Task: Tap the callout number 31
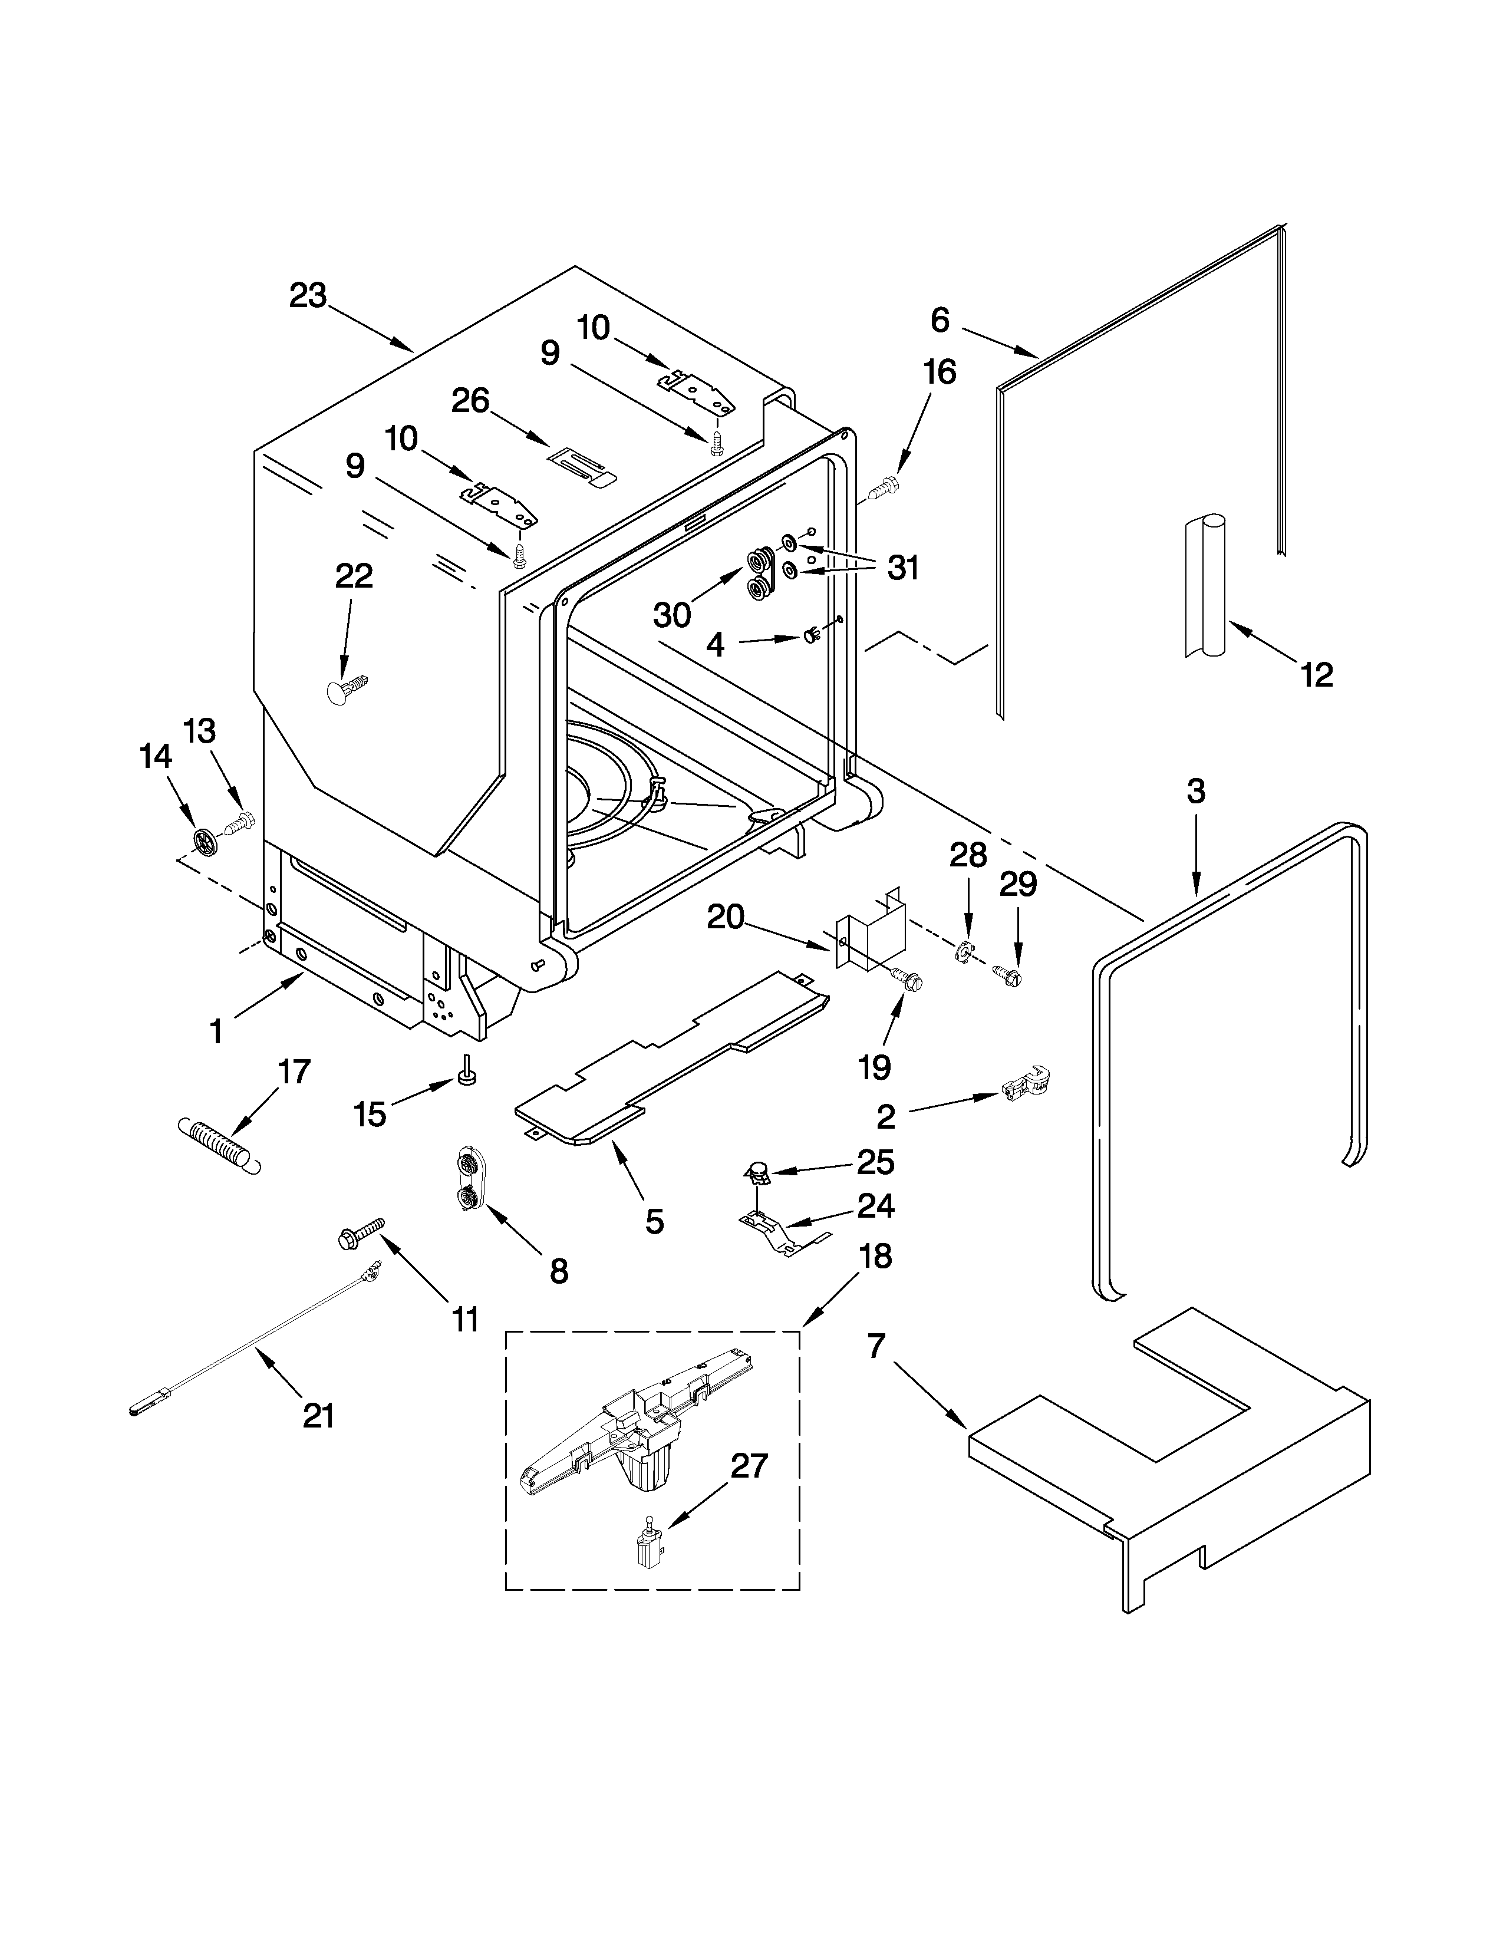pos(903,567)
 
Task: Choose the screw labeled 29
pos(1009,976)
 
